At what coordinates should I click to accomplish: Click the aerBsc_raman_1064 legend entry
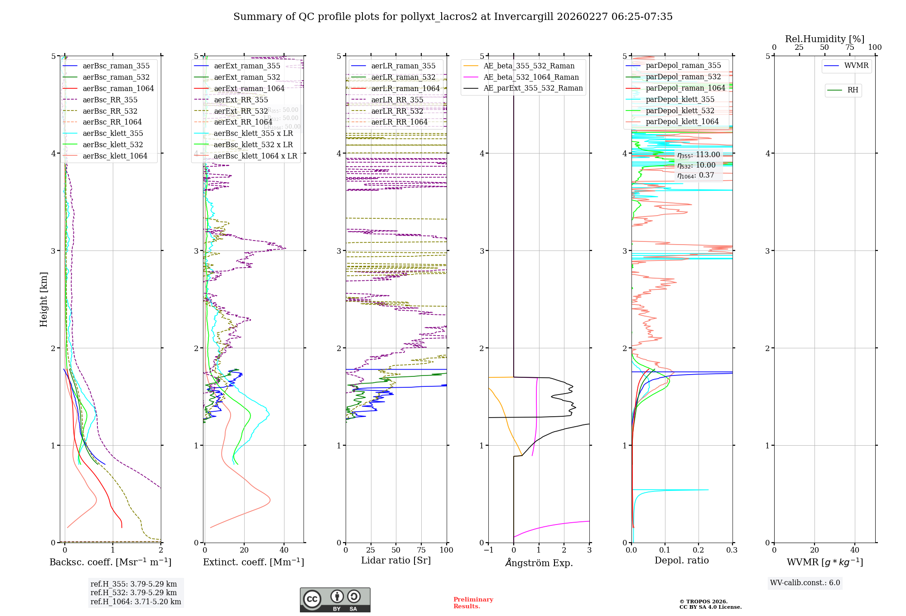coord(118,88)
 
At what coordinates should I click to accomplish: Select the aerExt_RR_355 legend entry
coord(241,100)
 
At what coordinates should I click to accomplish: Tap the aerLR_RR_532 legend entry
coord(397,111)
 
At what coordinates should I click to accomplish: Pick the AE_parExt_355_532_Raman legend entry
coord(533,88)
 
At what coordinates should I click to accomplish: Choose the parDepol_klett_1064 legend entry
coord(682,121)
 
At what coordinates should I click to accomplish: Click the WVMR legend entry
coord(856,66)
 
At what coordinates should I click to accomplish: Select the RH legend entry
coord(853,90)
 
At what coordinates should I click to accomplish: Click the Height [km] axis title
coord(43,299)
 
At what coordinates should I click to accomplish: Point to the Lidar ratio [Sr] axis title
coord(395,560)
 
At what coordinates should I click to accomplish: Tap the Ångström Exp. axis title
coord(539,563)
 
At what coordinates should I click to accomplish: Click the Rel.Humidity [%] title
coord(824,39)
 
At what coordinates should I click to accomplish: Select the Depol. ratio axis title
coord(681,560)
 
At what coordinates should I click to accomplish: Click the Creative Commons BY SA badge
coord(335,600)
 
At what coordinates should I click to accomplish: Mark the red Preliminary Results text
coord(473,602)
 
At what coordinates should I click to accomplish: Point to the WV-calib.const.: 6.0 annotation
coord(805,583)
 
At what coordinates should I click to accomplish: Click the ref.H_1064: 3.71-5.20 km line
coord(135,602)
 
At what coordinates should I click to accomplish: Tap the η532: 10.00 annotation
coord(696,165)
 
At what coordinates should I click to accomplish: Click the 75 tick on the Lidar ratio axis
coord(421,550)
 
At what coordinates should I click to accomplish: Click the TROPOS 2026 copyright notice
coord(710,604)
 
